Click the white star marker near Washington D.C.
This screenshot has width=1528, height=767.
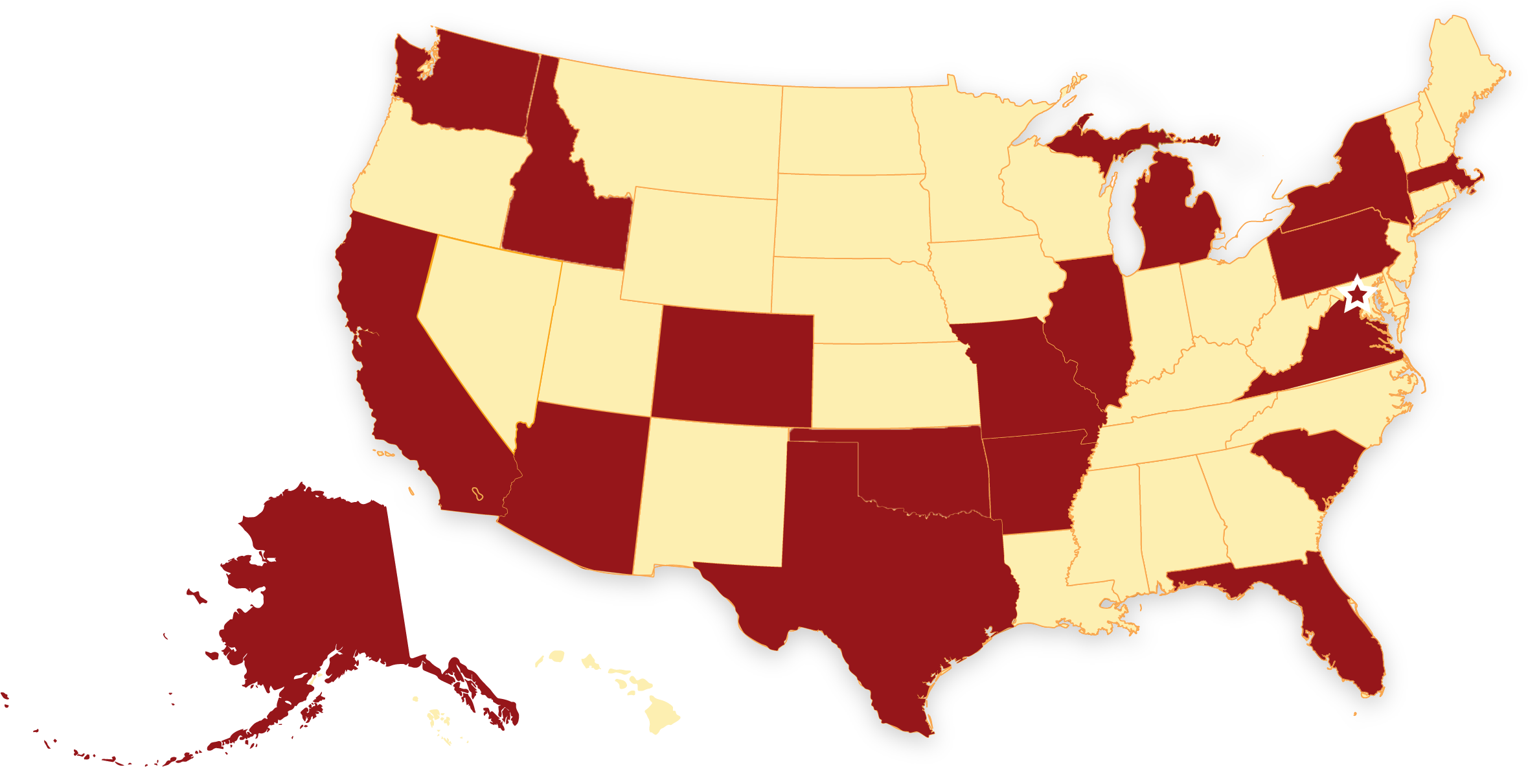[x=1357, y=295]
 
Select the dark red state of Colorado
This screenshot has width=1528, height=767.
[x=732, y=366]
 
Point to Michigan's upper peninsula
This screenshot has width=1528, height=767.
[x=1101, y=139]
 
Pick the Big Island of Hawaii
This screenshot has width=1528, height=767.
[x=661, y=716]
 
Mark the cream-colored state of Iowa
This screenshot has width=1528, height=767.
[x=991, y=279]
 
